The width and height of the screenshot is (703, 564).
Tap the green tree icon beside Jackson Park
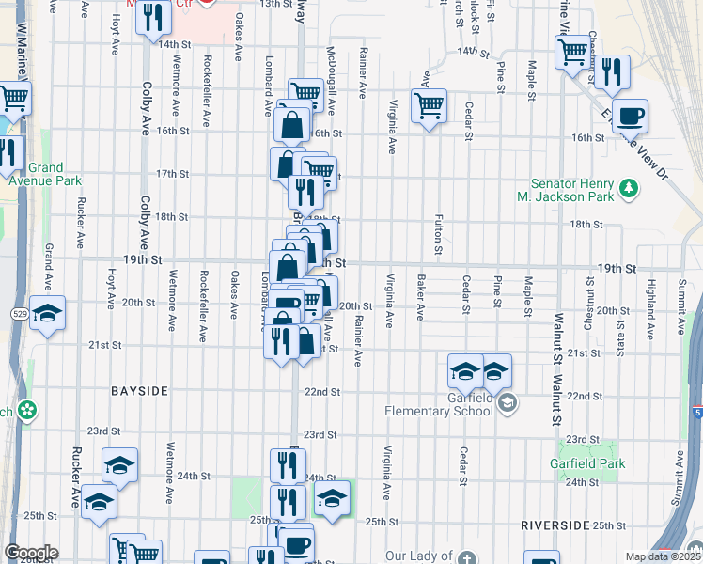coord(631,196)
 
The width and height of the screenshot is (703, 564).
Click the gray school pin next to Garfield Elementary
coord(508,403)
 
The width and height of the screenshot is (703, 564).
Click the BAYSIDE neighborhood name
coord(139,389)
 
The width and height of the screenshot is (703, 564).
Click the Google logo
coord(30,553)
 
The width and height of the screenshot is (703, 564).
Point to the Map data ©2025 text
coord(663,556)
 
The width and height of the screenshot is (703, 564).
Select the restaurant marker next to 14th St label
coord(153,18)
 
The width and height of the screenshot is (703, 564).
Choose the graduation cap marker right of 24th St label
coord(332,497)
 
